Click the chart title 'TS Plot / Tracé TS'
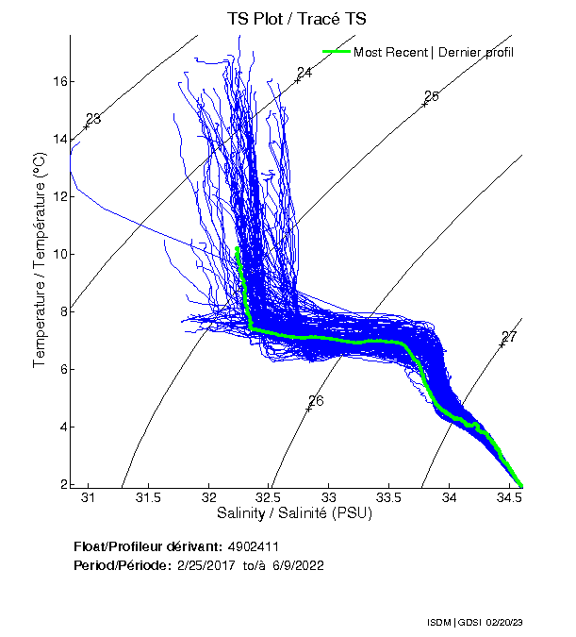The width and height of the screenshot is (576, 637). tap(295, 18)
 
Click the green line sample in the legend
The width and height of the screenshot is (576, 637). tap(336, 52)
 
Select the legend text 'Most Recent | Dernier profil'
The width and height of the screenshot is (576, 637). tap(434, 52)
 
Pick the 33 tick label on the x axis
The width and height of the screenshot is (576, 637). tap(329, 497)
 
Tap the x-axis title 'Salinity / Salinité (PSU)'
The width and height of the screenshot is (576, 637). tap(295, 513)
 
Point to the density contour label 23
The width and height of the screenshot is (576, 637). tap(92, 118)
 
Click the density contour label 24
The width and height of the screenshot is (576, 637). tap(304, 73)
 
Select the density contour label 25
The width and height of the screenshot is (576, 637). tap(432, 96)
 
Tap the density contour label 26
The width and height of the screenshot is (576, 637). tap(316, 401)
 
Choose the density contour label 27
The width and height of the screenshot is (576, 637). tap(509, 337)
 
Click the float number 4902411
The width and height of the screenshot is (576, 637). tap(254, 546)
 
